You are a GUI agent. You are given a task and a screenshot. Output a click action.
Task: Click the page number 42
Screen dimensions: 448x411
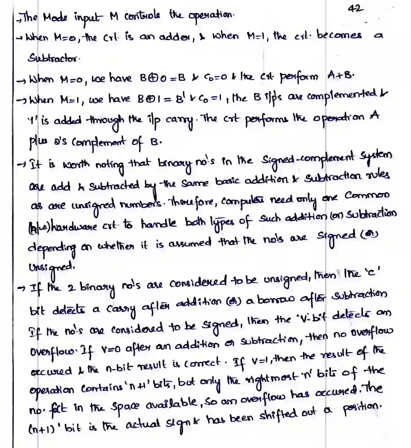355,8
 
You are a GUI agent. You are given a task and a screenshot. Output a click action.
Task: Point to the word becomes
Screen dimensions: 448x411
339,36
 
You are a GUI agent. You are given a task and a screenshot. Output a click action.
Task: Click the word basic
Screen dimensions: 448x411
228,181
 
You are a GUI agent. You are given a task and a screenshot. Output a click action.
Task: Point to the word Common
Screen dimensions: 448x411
366,196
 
